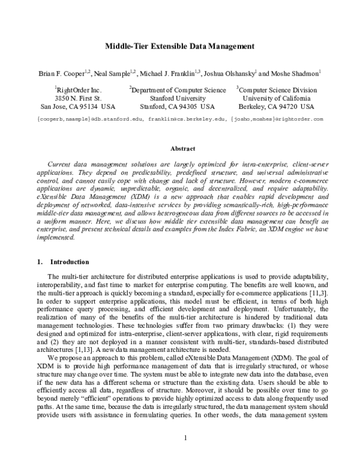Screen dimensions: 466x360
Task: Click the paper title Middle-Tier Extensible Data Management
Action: (x=180, y=46)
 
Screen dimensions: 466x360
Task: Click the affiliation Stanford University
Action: (x=178, y=98)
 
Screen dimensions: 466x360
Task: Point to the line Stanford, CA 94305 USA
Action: (x=178, y=107)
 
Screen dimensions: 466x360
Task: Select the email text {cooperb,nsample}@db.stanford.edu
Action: (x=90, y=119)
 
